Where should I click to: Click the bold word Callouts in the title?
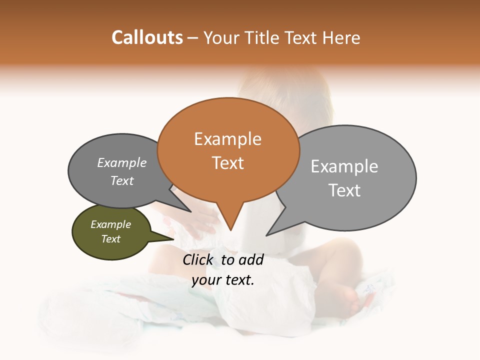click(147, 37)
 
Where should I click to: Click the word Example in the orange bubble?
click(227, 139)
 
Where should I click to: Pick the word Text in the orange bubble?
click(227, 163)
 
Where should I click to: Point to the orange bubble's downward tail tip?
click(230, 230)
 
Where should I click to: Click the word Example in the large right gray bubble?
click(344, 166)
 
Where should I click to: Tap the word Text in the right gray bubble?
click(344, 190)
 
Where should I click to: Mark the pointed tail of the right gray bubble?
click(267, 235)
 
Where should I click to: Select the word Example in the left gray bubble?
click(122, 163)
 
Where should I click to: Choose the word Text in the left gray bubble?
click(122, 181)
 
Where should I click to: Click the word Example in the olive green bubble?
click(110, 224)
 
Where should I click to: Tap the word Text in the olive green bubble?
click(110, 239)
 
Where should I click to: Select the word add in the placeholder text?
click(251, 259)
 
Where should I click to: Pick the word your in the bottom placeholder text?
click(206, 280)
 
